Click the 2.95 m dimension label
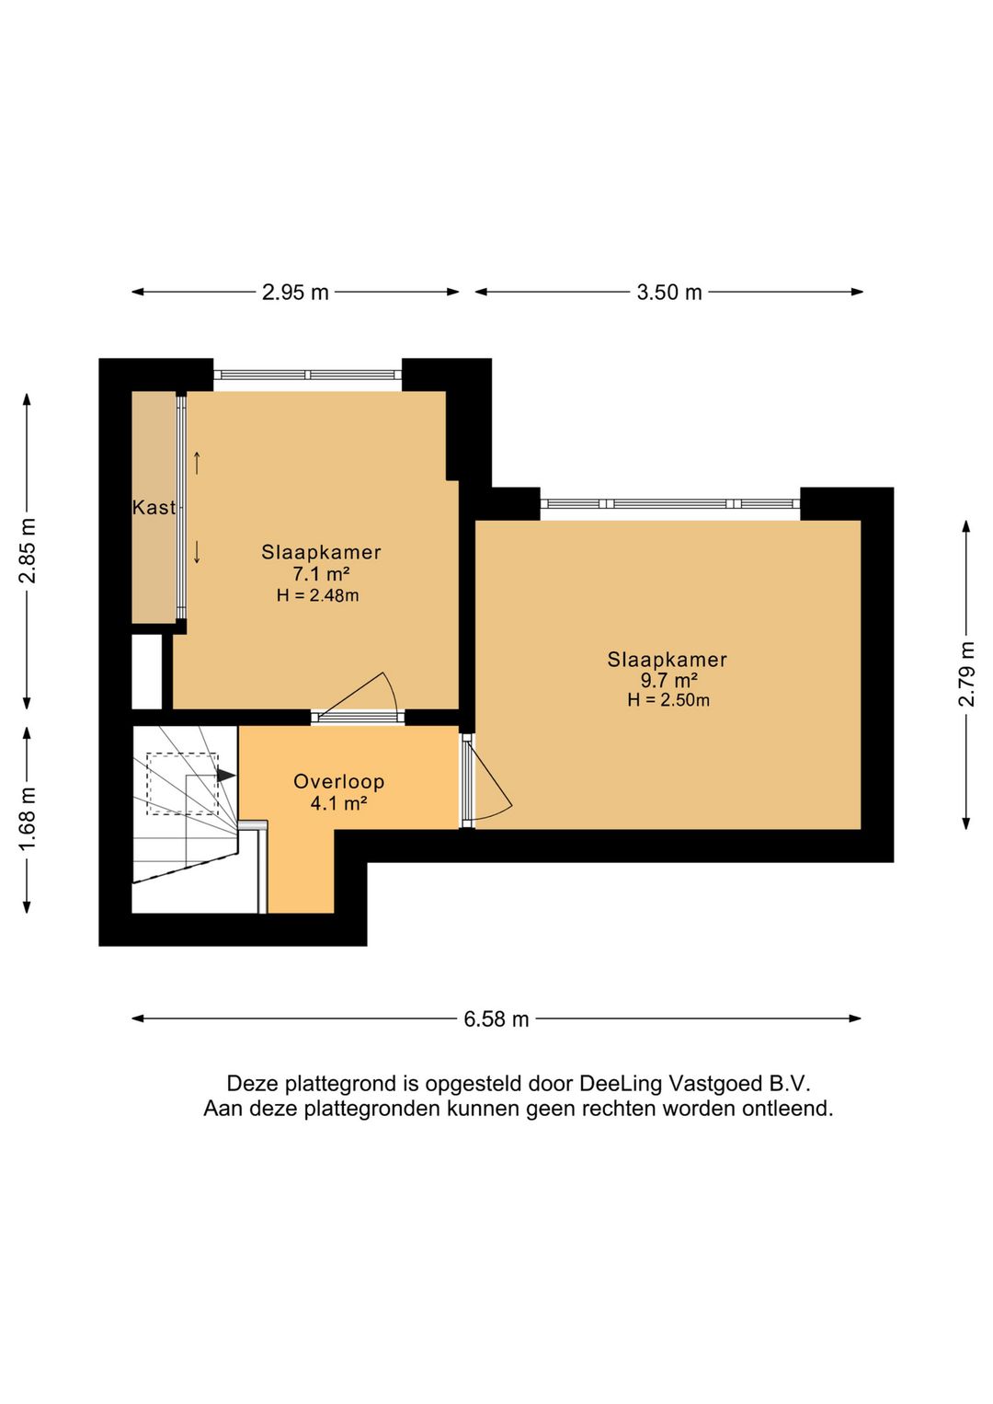click(295, 292)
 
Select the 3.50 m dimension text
click(669, 292)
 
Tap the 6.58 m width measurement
click(496, 1019)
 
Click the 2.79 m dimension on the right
click(966, 673)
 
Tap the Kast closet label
click(154, 507)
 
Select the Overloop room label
click(339, 782)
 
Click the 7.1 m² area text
click(322, 573)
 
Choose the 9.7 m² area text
click(667, 680)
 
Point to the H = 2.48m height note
click(317, 595)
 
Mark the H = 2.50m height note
click(668, 701)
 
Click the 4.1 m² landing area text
click(338, 803)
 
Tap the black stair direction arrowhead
click(226, 776)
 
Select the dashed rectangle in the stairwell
click(182, 784)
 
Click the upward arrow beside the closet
click(197, 463)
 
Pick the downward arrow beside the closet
click(197, 552)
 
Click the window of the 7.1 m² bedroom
click(307, 374)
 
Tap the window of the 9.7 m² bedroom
click(669, 503)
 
